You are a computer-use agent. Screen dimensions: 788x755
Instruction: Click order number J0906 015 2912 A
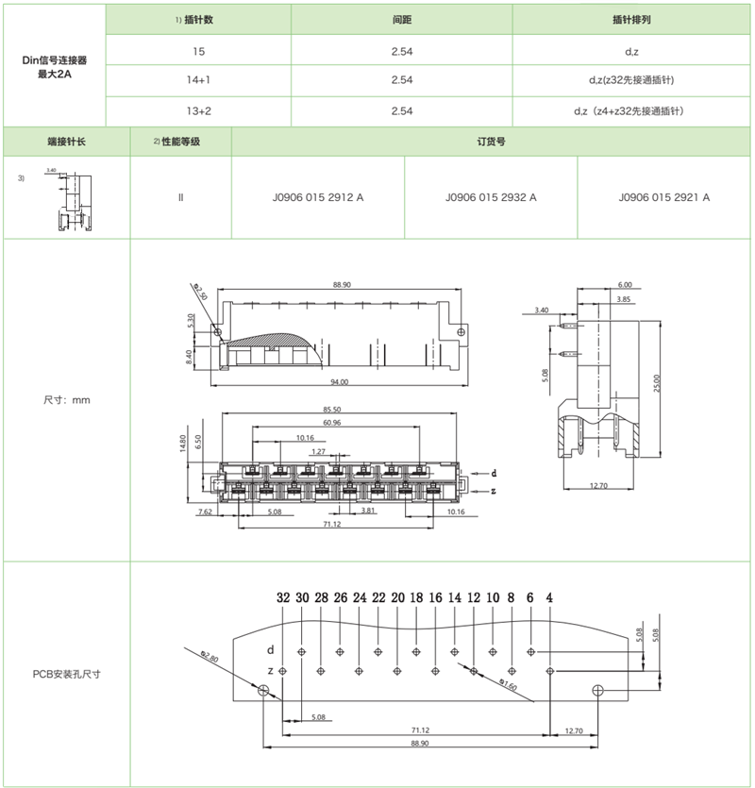pyautogui.click(x=317, y=198)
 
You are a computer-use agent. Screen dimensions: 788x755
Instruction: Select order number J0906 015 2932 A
pyautogui.click(x=491, y=198)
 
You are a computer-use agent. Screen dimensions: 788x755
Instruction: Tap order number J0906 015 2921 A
pyautogui.click(x=664, y=198)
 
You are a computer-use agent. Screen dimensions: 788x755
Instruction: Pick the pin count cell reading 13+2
pyautogui.click(x=198, y=111)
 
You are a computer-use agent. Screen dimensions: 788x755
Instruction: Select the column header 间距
pyautogui.click(x=401, y=19)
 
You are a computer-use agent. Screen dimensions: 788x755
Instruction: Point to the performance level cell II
pyautogui.click(x=179, y=198)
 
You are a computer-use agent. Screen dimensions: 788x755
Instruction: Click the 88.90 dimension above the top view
pyautogui.click(x=342, y=284)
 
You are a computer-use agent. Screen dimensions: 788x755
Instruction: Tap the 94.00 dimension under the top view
pyautogui.click(x=340, y=381)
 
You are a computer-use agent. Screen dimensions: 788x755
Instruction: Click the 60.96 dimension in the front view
pyautogui.click(x=331, y=424)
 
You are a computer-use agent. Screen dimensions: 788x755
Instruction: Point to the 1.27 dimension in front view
pyautogui.click(x=320, y=452)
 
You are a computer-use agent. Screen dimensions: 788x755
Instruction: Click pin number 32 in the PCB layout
pyautogui.click(x=283, y=598)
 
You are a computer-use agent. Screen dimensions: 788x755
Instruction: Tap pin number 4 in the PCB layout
pyautogui.click(x=549, y=598)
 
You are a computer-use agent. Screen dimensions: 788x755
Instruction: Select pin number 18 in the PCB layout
pyautogui.click(x=416, y=598)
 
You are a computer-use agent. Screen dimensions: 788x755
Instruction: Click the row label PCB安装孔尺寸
pyautogui.click(x=67, y=674)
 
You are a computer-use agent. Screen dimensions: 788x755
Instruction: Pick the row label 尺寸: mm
pyautogui.click(x=67, y=400)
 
